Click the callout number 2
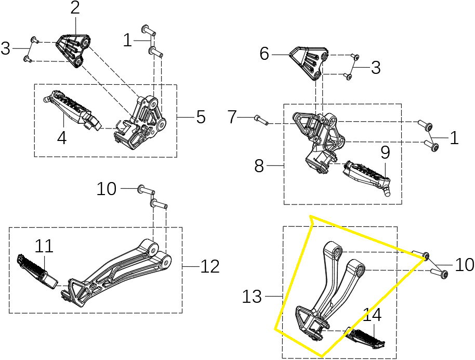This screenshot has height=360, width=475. [x=75, y=8]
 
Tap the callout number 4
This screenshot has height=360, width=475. [x=62, y=139]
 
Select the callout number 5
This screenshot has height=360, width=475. [x=201, y=117]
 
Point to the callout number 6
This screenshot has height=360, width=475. [x=265, y=53]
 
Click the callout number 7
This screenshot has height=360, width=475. [x=232, y=118]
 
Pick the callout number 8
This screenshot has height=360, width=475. [x=259, y=166]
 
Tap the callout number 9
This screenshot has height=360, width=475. [x=385, y=152]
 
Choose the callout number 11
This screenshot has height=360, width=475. [x=44, y=246]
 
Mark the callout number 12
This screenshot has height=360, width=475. [x=209, y=266]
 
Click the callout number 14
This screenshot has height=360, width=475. [x=372, y=315]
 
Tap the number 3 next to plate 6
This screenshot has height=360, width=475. [x=375, y=67]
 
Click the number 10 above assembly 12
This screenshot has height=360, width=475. [x=107, y=189]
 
